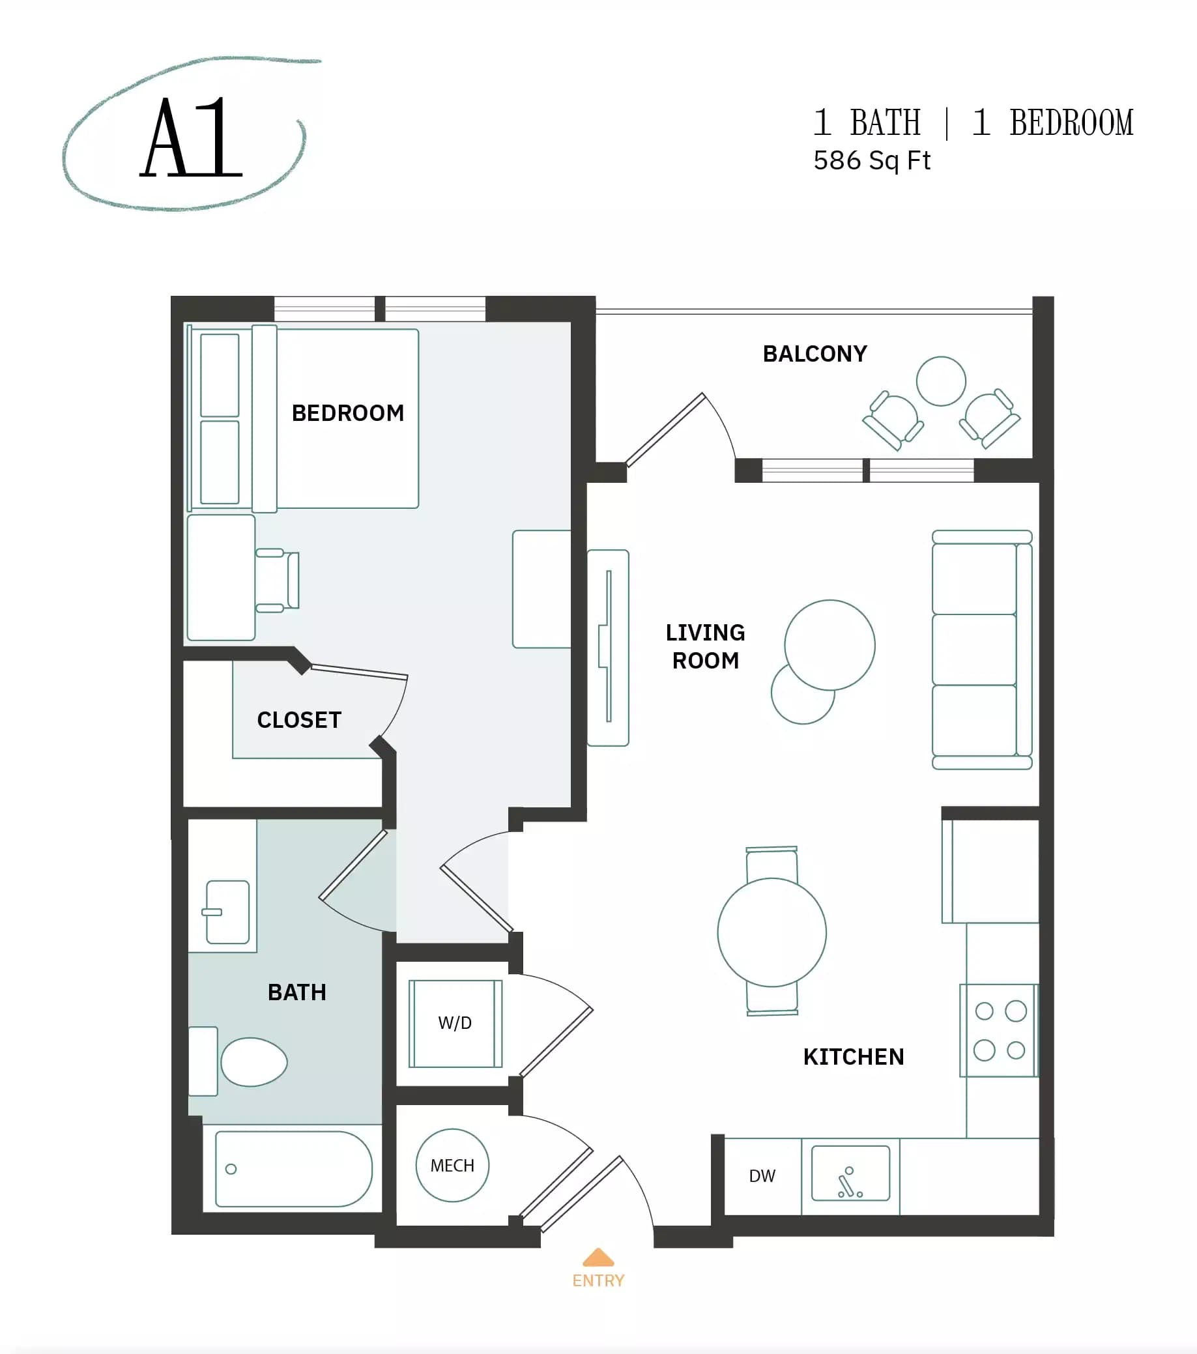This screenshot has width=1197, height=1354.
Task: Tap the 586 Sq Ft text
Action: point(871,161)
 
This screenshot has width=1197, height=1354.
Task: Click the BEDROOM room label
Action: point(348,413)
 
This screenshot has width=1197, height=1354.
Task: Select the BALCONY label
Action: point(814,354)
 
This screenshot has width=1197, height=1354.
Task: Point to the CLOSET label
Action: point(298,720)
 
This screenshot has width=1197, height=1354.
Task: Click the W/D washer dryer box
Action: point(455,1024)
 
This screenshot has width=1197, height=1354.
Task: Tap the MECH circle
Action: point(452,1166)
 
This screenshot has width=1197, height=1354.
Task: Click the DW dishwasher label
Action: point(762,1177)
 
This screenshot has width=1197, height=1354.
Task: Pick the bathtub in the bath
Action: point(293,1169)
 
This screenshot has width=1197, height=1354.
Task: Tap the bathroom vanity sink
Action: point(227,912)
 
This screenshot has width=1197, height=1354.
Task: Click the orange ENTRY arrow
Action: point(598,1257)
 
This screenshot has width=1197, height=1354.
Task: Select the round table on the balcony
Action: point(941,381)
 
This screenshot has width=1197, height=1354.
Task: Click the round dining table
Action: point(772,932)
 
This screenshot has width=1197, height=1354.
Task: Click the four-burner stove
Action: point(998,1030)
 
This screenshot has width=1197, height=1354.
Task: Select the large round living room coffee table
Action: point(829,644)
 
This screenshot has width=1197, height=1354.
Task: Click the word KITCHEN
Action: point(853,1057)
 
